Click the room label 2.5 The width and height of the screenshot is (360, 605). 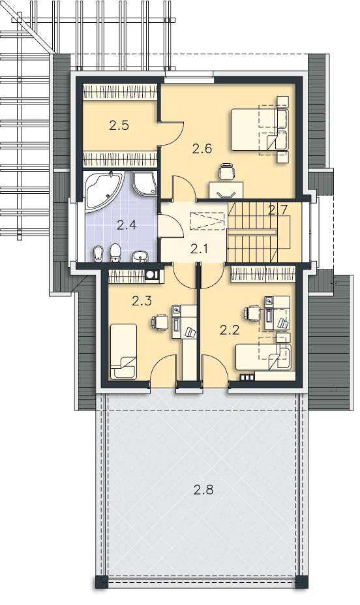pyautogui.click(x=119, y=125)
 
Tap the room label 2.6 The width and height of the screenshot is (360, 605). pyautogui.click(x=202, y=149)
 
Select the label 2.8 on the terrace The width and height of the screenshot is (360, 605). pyautogui.click(x=203, y=490)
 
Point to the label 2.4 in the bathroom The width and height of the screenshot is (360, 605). pyautogui.click(x=127, y=225)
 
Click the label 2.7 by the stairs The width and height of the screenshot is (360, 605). pyautogui.click(x=278, y=210)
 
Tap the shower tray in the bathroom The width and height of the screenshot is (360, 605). pyautogui.click(x=145, y=183)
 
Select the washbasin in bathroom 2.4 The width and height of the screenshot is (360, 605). pyautogui.click(x=140, y=256)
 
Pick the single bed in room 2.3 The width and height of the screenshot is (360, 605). pyautogui.click(x=123, y=351)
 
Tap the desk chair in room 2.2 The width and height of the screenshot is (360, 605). pyautogui.click(x=253, y=313)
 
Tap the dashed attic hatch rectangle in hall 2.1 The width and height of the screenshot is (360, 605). pyautogui.click(x=207, y=221)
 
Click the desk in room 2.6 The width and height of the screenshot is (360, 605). pyautogui.click(x=226, y=190)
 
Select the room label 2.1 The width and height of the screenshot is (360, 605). pyautogui.click(x=200, y=249)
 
